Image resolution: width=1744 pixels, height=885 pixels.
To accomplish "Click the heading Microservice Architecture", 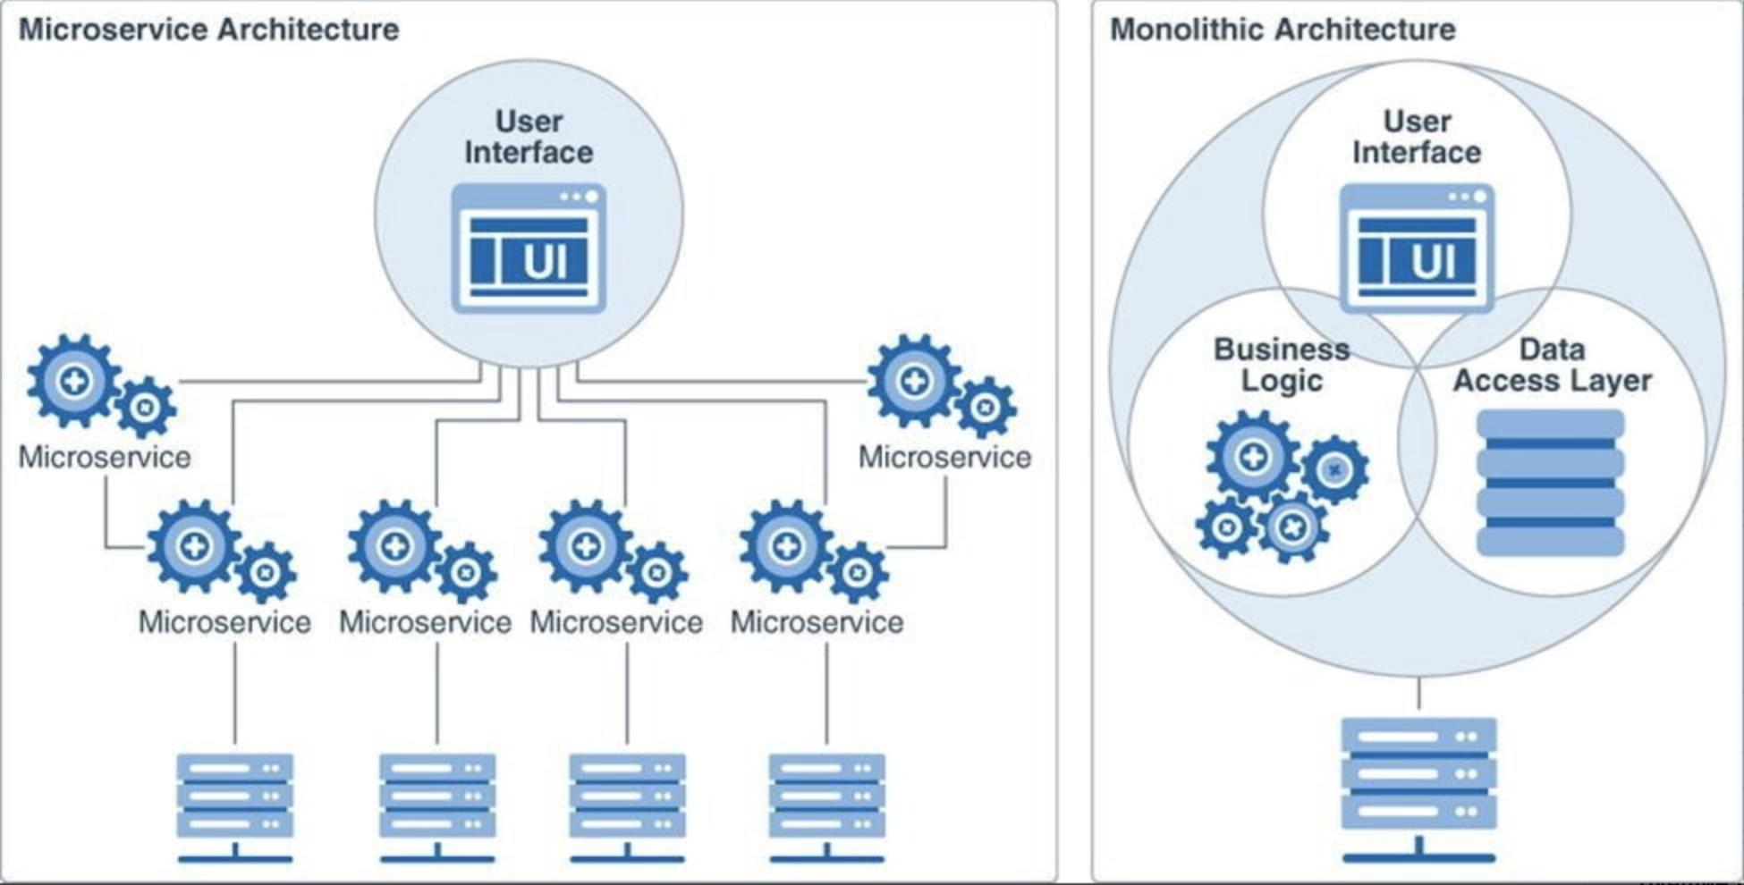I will coord(208,29).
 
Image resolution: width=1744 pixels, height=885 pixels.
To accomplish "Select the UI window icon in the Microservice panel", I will coord(529,249).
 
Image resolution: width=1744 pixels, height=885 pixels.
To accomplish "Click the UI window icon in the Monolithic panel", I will coord(1417,249).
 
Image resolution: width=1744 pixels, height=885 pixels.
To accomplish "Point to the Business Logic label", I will coord(1282,364).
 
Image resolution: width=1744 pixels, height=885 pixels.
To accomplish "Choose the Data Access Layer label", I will coord(1552,364).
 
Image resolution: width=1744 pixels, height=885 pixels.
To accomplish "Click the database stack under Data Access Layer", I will coord(1550,483).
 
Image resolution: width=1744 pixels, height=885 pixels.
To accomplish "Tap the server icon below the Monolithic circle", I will coord(1418,787).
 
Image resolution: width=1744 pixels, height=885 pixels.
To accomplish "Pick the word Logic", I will coord(1282,381).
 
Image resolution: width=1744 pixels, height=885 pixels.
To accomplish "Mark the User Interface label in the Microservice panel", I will coord(529,137).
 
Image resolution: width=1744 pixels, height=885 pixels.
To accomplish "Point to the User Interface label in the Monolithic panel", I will coord(1417,137).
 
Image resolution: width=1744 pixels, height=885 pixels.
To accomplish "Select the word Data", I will coord(1552,349).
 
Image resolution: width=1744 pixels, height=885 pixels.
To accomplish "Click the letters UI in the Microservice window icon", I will coord(544,262).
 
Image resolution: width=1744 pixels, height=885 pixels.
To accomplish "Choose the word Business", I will coord(1282,349).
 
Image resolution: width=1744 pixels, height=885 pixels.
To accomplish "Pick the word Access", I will coord(1506,381).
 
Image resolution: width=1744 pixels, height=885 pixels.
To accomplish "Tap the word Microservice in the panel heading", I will coord(114,29).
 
